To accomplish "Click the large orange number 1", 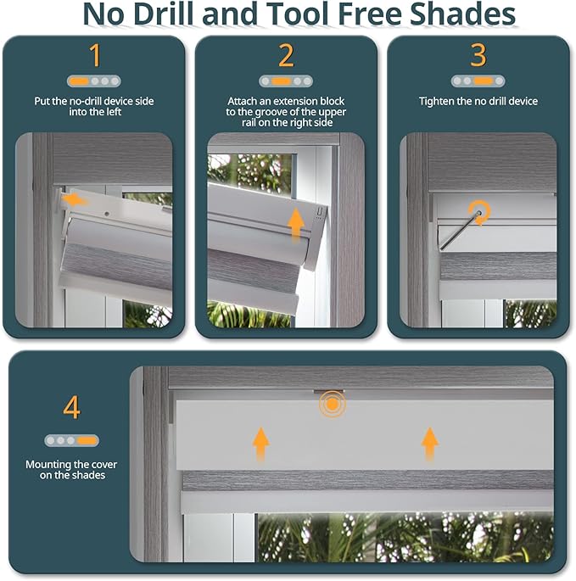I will tap(94, 55).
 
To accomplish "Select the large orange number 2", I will tap(286, 55).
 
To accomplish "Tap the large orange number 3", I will tap(478, 55).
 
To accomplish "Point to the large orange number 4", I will tap(71, 407).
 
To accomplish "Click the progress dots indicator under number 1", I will tap(94, 81).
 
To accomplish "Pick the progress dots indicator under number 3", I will tap(478, 81).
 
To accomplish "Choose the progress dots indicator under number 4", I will tap(71, 440).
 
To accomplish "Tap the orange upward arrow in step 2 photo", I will tap(295, 223).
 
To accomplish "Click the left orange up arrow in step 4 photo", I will tap(261, 443).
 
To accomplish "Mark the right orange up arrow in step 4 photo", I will tap(430, 443).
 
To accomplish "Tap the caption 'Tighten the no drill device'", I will tap(478, 102).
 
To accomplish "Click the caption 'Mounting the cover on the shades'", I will tap(71, 470).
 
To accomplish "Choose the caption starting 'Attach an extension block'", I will tap(287, 112).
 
